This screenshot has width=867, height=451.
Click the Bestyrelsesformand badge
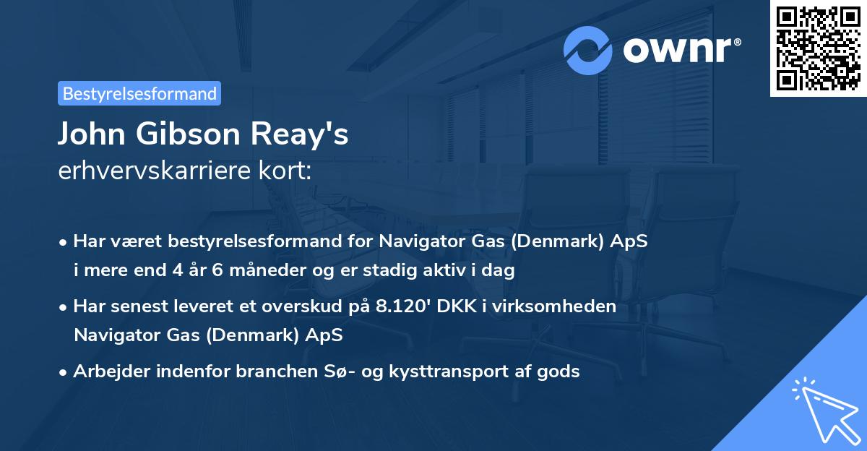pos(139,93)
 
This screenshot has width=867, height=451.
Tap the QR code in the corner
pos(819,48)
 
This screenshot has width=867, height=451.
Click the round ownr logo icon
pos(588,50)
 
